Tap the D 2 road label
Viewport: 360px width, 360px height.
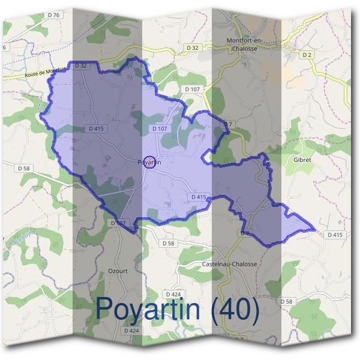tap(308, 55)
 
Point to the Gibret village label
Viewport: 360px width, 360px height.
tap(302, 161)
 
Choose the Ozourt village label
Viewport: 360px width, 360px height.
tap(118, 271)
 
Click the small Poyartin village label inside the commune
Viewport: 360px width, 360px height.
tap(149, 162)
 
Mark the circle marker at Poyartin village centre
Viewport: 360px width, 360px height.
tap(151, 162)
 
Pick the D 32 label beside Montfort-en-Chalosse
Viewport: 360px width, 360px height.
tap(192, 47)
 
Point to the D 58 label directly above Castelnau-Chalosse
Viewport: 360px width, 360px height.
tap(168, 244)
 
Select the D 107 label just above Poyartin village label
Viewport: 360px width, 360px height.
tap(159, 128)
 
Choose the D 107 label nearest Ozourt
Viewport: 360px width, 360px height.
tap(118, 223)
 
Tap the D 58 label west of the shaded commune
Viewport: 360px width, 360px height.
tap(24, 169)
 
